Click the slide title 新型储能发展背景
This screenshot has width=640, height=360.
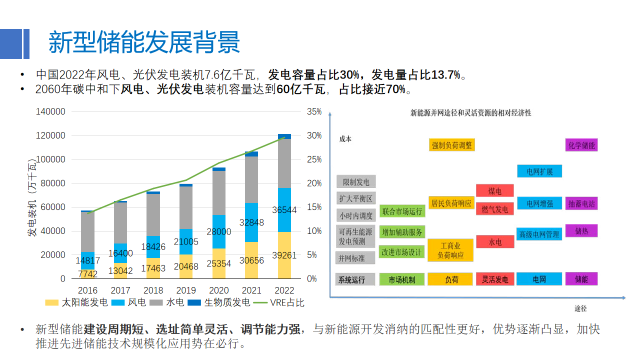(x=144, y=42)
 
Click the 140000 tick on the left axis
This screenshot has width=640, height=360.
(x=50, y=111)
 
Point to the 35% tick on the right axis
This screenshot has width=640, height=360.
(x=314, y=111)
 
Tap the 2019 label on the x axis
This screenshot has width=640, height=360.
(x=186, y=290)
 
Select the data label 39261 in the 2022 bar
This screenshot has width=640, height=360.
(x=284, y=255)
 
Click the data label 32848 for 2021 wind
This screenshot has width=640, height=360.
(x=251, y=222)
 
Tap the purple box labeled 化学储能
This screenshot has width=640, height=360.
(x=581, y=145)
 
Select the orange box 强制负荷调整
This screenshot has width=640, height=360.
(x=452, y=145)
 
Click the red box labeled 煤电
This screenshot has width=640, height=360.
(x=495, y=191)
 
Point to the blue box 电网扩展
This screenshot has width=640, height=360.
(x=539, y=171)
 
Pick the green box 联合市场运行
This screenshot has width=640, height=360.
(x=402, y=211)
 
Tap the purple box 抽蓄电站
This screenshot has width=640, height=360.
(x=581, y=204)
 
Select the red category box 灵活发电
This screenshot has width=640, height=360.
(x=495, y=279)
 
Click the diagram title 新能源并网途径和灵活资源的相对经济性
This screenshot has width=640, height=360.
(x=470, y=113)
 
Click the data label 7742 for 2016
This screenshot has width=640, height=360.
(x=88, y=273)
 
